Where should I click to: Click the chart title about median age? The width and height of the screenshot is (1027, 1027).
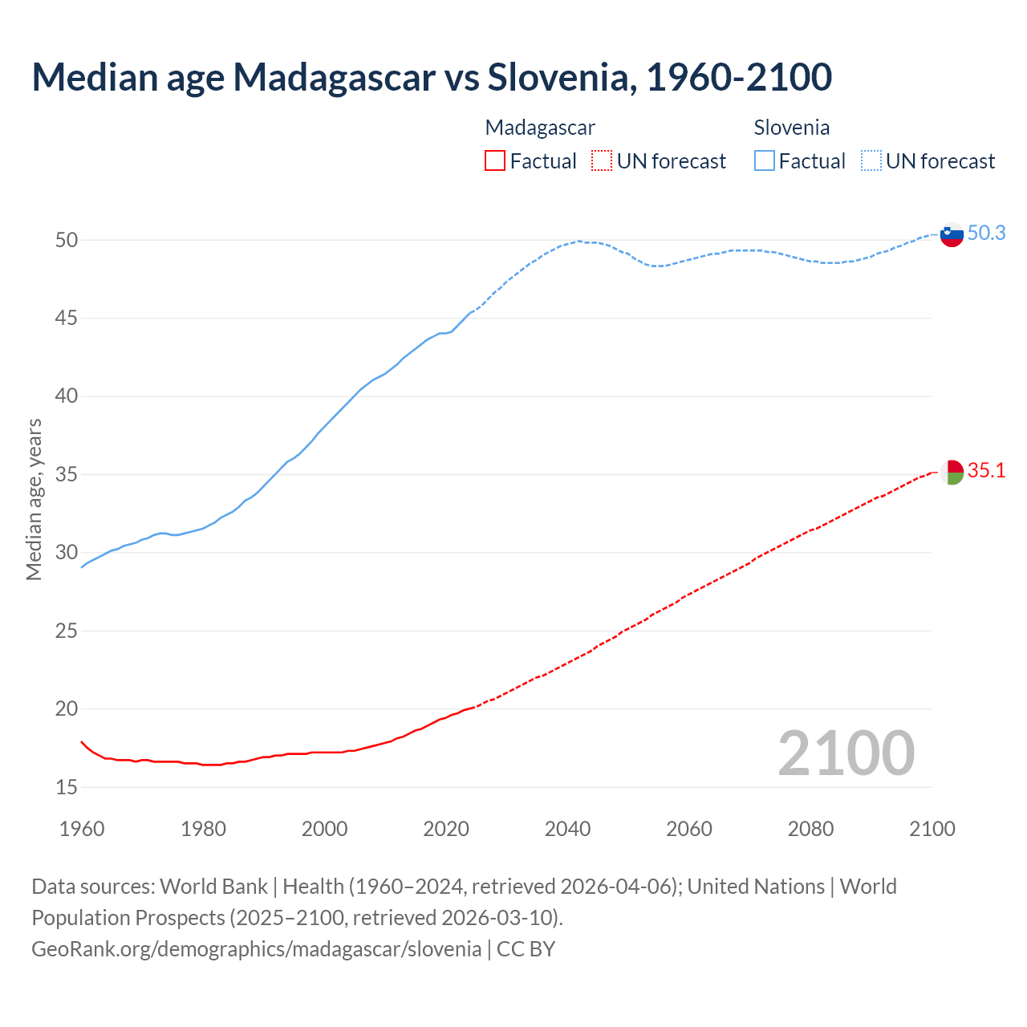[432, 77]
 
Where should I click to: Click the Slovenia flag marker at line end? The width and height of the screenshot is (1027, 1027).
[951, 235]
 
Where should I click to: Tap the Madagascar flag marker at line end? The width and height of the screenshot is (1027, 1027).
[951, 472]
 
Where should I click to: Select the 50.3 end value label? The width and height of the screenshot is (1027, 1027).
[986, 233]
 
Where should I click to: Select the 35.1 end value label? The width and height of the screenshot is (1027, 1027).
[986, 470]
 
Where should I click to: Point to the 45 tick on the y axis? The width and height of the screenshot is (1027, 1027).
[67, 319]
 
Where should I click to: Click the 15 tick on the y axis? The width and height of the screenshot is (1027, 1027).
[67, 787]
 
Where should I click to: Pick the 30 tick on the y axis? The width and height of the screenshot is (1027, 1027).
[67, 553]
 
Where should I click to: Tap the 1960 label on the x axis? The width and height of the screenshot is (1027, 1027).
[82, 829]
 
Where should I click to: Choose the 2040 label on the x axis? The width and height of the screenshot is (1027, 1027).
[567, 829]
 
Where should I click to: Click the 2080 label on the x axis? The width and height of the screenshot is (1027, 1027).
[810, 829]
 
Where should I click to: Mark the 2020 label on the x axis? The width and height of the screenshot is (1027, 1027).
[446, 829]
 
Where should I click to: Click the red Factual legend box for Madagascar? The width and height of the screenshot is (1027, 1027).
[495, 161]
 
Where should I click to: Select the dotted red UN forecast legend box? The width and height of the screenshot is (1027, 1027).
[602, 161]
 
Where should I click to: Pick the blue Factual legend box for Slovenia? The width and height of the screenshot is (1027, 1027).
[764, 161]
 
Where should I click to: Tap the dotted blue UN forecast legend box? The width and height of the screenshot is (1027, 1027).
[871, 161]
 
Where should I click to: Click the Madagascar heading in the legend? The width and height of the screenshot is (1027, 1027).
[540, 128]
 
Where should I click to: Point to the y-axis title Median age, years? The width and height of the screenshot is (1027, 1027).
[34, 499]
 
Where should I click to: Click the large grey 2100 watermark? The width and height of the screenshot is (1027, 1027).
[846, 753]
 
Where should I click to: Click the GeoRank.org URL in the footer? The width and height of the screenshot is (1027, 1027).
[256, 949]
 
